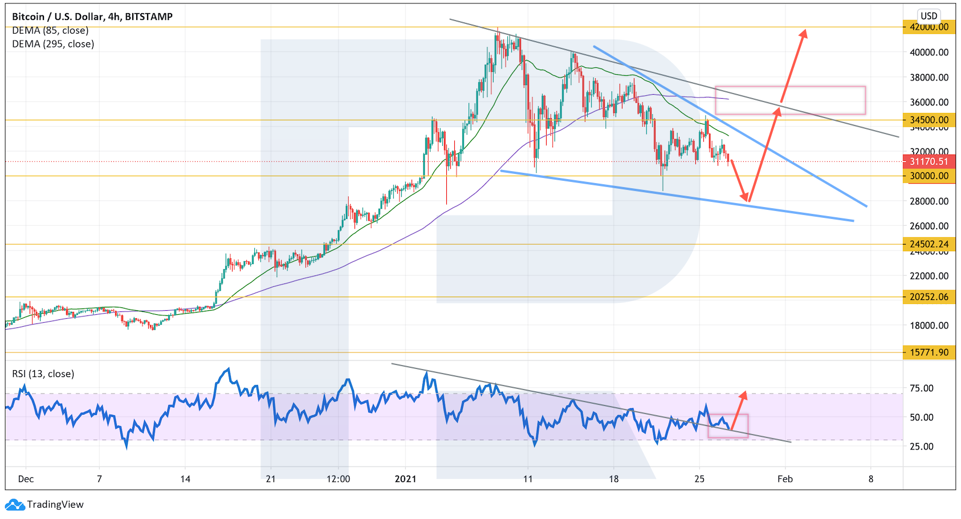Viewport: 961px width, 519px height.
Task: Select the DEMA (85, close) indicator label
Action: pos(50,30)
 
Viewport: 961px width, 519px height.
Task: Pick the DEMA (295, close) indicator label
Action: pos(53,44)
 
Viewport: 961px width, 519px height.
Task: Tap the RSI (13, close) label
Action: pos(43,374)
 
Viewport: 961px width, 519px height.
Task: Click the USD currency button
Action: pos(929,16)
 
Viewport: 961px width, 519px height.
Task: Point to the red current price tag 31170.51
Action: pos(929,161)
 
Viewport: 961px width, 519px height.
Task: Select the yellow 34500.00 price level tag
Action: pos(929,120)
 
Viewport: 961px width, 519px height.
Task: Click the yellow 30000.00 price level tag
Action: pos(929,176)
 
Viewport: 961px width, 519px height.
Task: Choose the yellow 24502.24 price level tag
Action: pos(929,244)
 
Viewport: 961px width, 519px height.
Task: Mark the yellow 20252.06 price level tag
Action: pos(929,297)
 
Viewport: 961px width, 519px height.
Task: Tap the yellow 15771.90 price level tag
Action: pos(929,352)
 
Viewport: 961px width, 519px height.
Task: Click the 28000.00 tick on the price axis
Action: pos(929,201)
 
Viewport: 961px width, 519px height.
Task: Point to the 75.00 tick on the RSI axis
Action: pos(922,388)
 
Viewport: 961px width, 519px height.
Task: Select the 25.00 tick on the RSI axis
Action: pos(922,447)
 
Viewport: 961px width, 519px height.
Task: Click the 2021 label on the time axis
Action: pos(405,479)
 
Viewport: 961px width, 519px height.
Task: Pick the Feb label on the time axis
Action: pos(785,479)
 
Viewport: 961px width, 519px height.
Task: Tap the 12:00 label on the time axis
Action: pos(338,479)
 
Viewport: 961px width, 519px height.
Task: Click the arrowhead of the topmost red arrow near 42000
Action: pos(804,33)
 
